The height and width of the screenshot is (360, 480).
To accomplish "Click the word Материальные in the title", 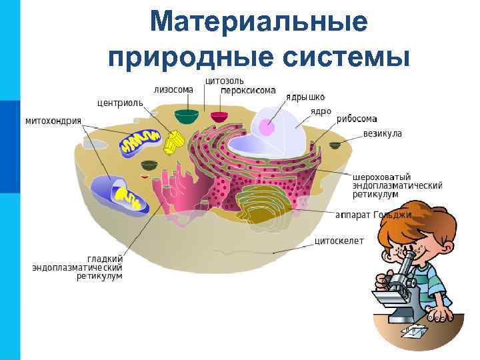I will click(x=258, y=21).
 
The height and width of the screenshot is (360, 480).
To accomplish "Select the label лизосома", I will click(x=173, y=89).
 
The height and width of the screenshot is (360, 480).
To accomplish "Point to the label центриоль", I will click(x=120, y=103).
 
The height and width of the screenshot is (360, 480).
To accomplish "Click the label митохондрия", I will click(x=53, y=121).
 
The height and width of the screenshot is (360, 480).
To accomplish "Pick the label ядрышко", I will click(x=306, y=97).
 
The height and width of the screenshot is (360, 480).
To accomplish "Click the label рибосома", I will click(x=357, y=119).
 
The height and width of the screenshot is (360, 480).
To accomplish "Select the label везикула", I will click(x=383, y=133).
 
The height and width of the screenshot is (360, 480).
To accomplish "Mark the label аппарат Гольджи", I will click(x=373, y=215).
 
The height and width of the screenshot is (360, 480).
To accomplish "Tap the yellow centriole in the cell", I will click(x=175, y=140).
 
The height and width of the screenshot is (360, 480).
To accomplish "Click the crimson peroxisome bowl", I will click(x=219, y=117).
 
